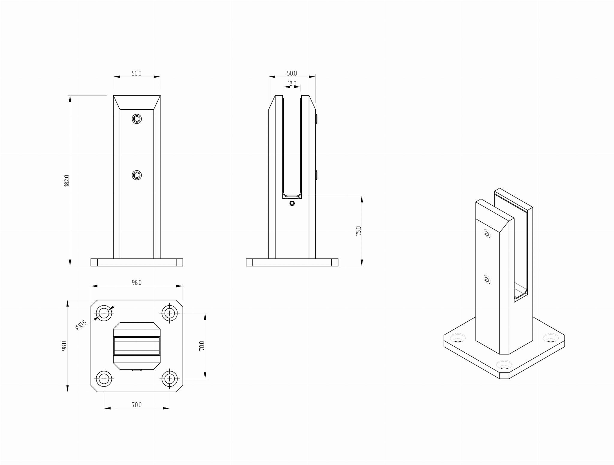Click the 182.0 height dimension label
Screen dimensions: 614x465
67,181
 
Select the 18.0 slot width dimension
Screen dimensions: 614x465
292,84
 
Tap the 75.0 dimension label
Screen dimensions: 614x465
359,231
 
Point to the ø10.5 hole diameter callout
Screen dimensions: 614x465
81,325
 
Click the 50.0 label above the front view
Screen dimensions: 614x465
136,73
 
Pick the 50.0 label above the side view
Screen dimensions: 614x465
292,73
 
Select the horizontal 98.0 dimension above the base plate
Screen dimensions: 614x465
136,283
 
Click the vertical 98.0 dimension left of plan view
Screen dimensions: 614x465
64,346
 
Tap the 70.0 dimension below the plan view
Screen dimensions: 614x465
136,405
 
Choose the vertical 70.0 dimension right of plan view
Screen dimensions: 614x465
202,346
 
